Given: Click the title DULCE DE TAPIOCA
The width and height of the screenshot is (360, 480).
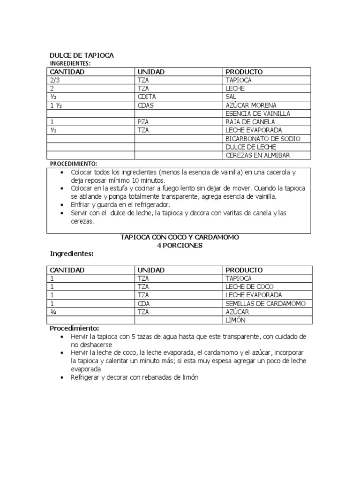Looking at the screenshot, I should [82, 55].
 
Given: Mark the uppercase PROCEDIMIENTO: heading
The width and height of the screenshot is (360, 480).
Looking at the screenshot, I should [74, 164].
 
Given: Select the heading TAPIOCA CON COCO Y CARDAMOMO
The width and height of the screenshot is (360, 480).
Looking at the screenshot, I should [180, 238].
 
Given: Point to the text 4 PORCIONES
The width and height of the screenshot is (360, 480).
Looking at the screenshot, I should [180, 246].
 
